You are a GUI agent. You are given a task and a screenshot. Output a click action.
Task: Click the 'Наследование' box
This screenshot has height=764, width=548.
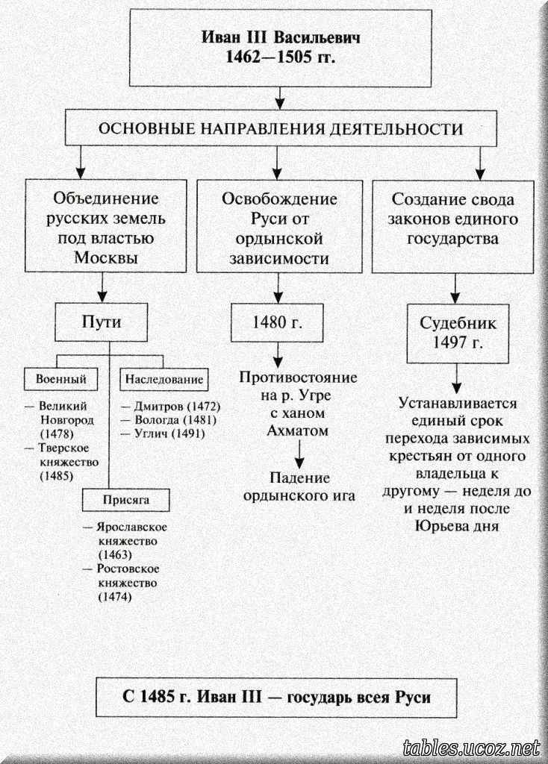[164, 379]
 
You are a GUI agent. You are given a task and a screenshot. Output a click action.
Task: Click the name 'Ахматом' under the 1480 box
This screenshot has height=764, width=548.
[298, 431]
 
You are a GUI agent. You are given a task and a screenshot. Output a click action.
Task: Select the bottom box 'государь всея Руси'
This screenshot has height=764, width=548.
[276, 699]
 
